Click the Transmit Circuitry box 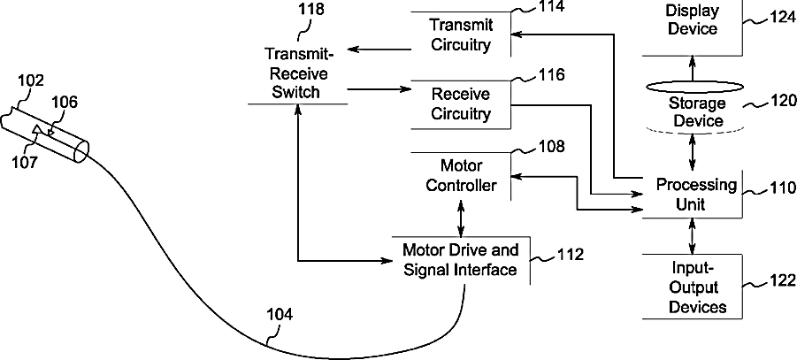point(460,34)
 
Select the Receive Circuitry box point(460,103)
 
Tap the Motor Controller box point(460,174)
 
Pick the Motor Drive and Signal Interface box point(460,260)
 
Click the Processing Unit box point(695,194)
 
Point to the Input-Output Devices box point(697,287)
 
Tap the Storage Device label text point(695,112)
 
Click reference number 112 point(571,256)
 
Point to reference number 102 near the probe point(31,81)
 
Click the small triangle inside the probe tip point(36,131)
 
